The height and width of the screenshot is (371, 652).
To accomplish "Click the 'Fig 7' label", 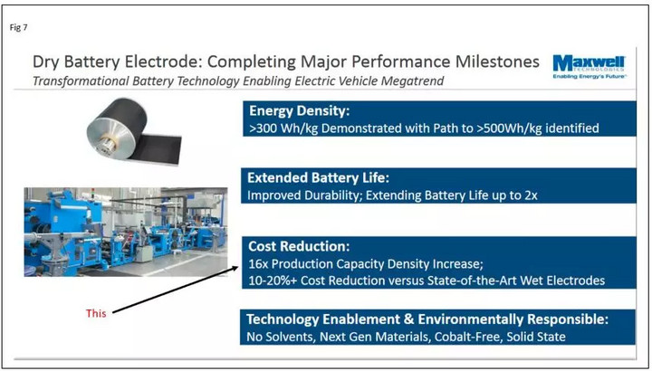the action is pos(18,28).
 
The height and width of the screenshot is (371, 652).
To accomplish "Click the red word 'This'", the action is pos(96,313).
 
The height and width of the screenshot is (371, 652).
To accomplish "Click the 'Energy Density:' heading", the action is pos(300,111).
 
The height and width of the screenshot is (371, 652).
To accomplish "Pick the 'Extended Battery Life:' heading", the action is pos(318,178).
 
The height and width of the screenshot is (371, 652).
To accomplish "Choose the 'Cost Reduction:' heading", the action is pos(299,246).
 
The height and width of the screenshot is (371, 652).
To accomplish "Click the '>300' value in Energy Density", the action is pos(264,128).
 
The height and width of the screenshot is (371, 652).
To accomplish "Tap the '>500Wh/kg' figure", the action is pos(508,128).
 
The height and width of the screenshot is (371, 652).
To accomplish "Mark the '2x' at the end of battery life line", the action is pos(531,195).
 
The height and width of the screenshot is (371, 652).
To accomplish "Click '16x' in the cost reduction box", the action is pos(258,264).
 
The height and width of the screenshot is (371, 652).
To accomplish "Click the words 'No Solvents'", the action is pos(280,337).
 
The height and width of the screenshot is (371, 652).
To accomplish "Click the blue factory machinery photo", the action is pos(126,232).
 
